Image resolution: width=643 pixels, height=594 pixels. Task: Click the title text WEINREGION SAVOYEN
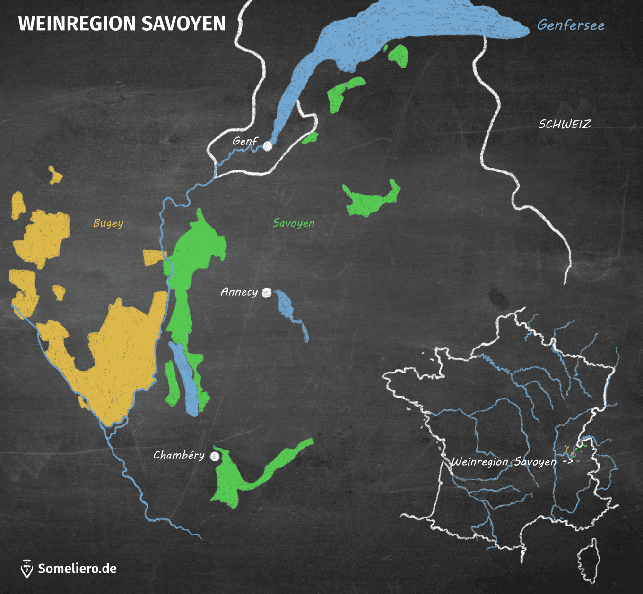(x=122, y=24)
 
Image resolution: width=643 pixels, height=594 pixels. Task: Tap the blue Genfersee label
(x=570, y=25)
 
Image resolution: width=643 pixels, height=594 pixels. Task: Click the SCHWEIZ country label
(x=565, y=124)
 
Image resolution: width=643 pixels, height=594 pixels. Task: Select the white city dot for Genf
(x=268, y=146)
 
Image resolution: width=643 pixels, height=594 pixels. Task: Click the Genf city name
(x=245, y=141)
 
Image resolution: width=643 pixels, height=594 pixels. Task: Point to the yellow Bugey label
(x=108, y=223)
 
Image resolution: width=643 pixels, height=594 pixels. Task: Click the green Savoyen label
(x=293, y=223)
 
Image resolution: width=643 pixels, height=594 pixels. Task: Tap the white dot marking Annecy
(x=267, y=293)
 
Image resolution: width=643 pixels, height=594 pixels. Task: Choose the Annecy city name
(x=239, y=292)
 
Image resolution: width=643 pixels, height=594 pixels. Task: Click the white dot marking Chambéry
(x=215, y=456)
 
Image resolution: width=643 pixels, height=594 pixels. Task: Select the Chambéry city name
(x=179, y=455)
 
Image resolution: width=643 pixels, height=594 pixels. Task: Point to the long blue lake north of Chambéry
(x=184, y=378)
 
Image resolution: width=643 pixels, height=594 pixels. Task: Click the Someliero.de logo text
(x=77, y=569)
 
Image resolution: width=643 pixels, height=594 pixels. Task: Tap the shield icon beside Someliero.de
(x=27, y=569)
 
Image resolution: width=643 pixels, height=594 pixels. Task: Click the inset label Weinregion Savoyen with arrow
(x=512, y=461)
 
